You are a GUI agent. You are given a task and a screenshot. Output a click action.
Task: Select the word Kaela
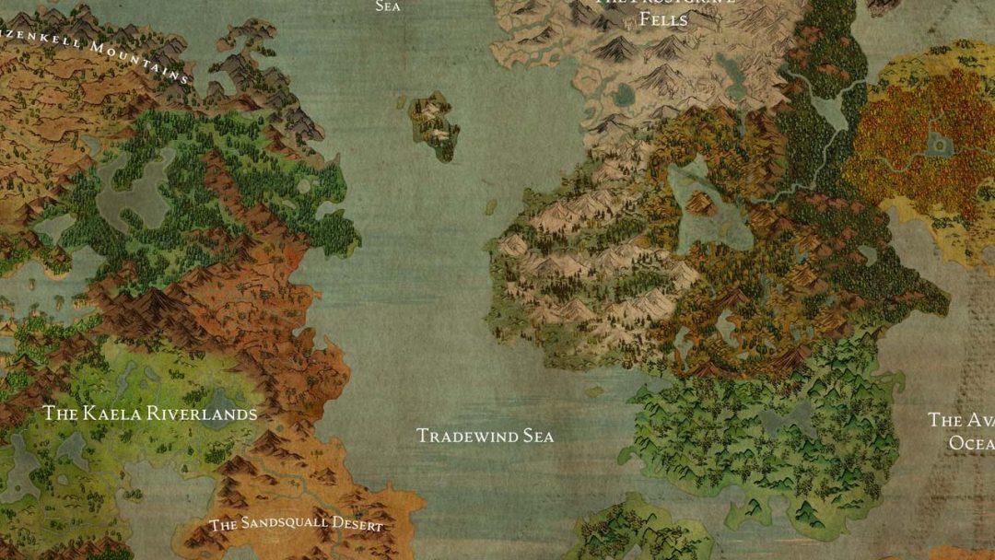click(x=113, y=414)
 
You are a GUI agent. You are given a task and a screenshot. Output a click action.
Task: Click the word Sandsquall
click(x=285, y=523)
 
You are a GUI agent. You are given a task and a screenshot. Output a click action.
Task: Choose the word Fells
click(x=664, y=19)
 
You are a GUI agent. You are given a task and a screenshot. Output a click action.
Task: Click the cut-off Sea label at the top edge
click(x=388, y=6)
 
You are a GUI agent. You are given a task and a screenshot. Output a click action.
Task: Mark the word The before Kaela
click(x=61, y=414)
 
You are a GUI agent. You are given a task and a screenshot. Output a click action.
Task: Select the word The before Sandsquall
click(x=223, y=526)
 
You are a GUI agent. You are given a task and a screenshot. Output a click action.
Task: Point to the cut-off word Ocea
click(x=971, y=443)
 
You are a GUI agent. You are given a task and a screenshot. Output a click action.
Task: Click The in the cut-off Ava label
click(x=944, y=420)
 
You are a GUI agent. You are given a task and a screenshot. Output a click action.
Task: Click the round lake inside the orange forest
click(x=938, y=144)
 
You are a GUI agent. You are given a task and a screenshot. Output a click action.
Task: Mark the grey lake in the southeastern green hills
click(x=783, y=419)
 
